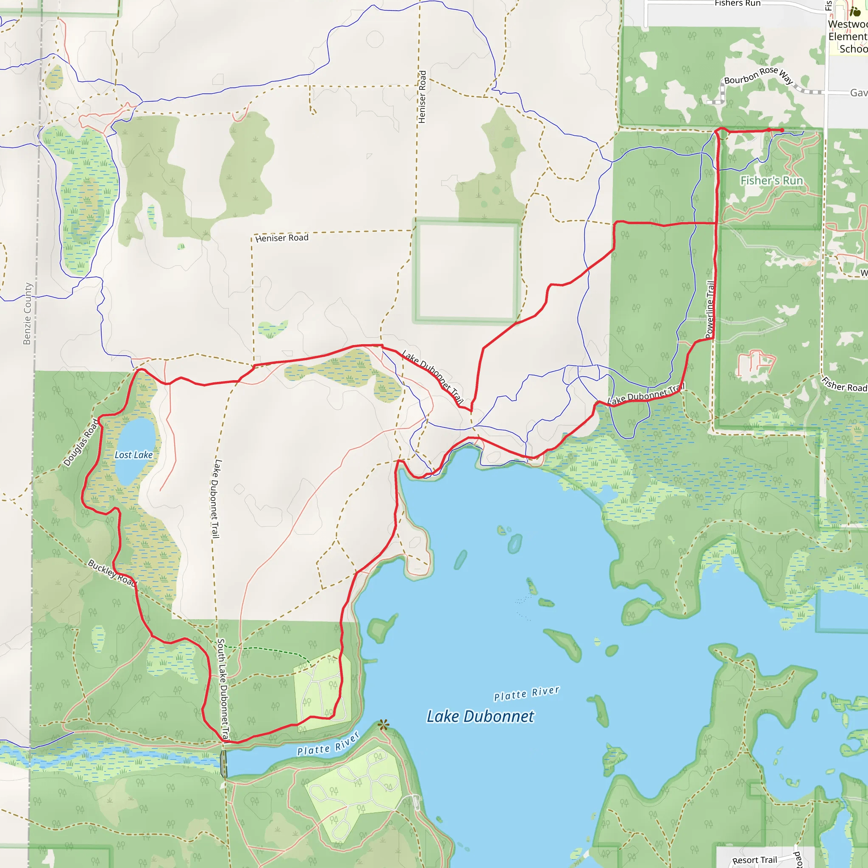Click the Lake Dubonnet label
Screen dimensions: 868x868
pos(480,716)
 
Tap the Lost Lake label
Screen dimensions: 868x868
pos(134,455)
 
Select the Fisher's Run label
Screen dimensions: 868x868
pos(771,181)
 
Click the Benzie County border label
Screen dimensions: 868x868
pos(28,314)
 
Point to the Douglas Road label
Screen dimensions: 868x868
pos(81,442)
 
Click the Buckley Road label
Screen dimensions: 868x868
pos(111,572)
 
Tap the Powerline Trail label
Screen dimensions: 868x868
pos(710,309)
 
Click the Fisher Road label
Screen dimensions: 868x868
pos(844,384)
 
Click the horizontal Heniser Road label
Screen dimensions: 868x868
pos(282,238)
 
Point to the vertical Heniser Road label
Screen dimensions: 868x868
pos(422,97)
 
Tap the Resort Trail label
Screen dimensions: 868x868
pos(754,860)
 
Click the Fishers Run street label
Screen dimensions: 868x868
pos(737,3)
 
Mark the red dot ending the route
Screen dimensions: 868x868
pos(782,130)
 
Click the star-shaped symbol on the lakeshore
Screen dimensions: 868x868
pos(383,724)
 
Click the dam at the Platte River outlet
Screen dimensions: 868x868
pos(223,764)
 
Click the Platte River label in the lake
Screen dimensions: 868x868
pos(526,693)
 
